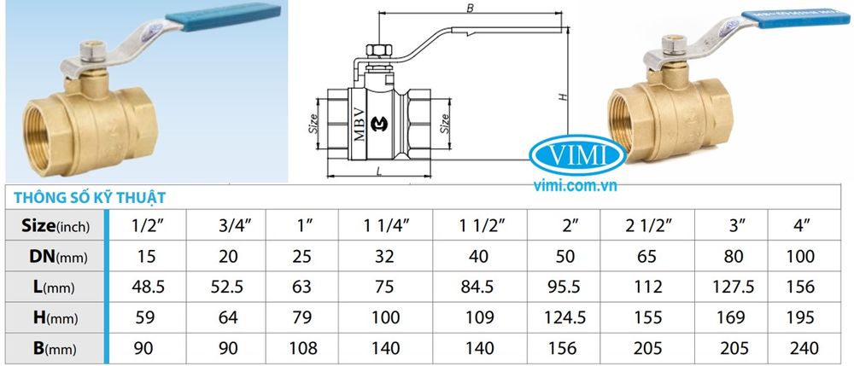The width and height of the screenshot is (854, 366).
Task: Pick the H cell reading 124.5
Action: tap(573, 317)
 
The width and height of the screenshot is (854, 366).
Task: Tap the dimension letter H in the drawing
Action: tap(563, 96)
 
